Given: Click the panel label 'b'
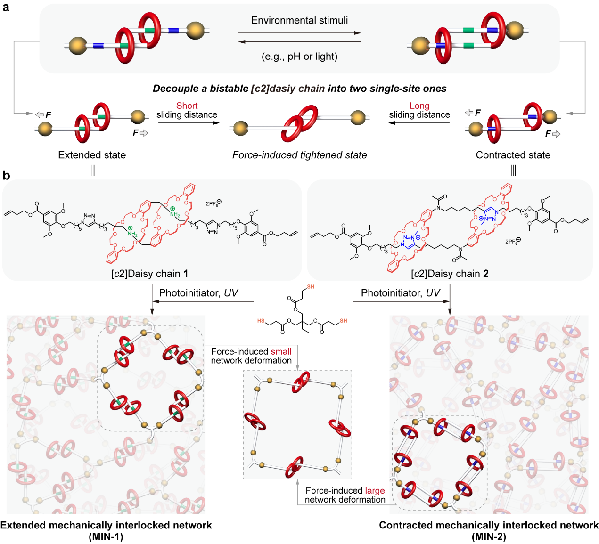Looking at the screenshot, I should point(6,175).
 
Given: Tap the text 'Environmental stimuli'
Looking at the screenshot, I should point(299,20).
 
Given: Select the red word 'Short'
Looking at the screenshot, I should point(187,106).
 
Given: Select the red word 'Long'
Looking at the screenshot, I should point(419,106).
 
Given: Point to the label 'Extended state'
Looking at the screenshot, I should point(92,155).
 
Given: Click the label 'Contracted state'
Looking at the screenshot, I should point(513,155).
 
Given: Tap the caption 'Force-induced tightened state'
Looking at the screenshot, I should point(299,155).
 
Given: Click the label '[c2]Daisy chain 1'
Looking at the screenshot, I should point(149,274).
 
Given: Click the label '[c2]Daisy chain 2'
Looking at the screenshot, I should point(450,274).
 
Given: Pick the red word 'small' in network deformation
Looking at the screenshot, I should point(281,351).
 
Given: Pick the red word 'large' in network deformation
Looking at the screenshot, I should point(375,490).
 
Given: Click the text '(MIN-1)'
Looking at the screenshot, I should point(106,536).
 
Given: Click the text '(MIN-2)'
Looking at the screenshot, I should point(489,536).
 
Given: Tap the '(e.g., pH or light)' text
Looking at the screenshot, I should point(299,57).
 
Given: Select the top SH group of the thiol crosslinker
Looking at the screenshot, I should point(310,287).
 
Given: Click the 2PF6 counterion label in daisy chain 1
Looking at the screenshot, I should point(213,203).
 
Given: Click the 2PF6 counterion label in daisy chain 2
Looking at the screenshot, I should point(513,241).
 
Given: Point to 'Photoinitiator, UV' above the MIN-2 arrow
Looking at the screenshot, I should point(400,293).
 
